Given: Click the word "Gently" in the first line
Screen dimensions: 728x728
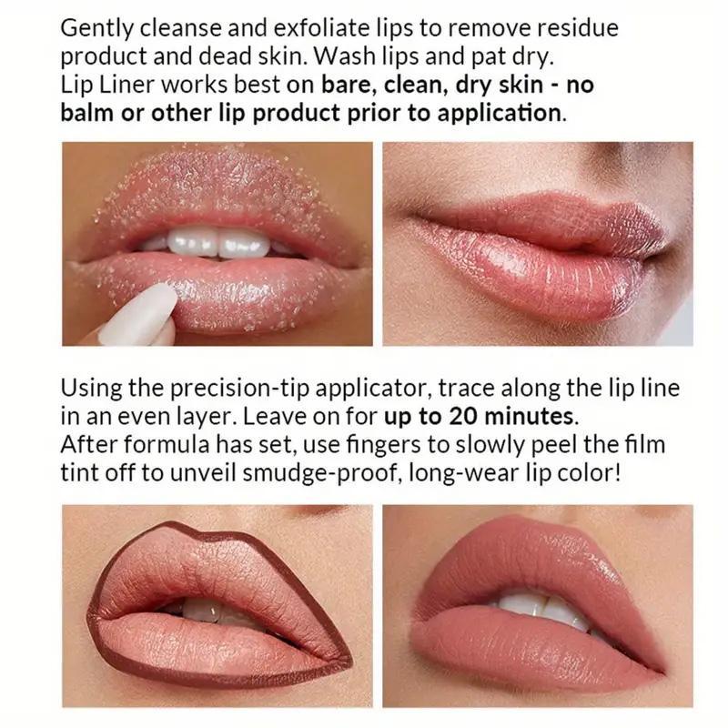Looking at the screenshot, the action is click(x=96, y=29).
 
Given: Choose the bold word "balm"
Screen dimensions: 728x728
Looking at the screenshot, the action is click(x=87, y=113).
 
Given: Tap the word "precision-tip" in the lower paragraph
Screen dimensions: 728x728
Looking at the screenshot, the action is click(x=239, y=389).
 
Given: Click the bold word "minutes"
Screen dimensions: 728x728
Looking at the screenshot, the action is click(x=529, y=416).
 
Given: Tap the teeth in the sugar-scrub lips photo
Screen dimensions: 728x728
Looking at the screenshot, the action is click(x=219, y=242).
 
